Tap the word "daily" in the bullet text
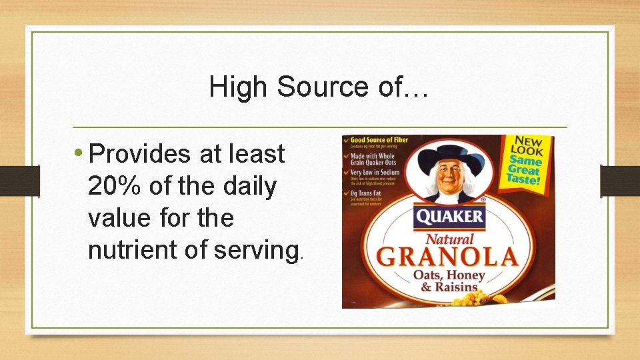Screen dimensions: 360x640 click(247, 186)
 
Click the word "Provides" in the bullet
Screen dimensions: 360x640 click(140, 154)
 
